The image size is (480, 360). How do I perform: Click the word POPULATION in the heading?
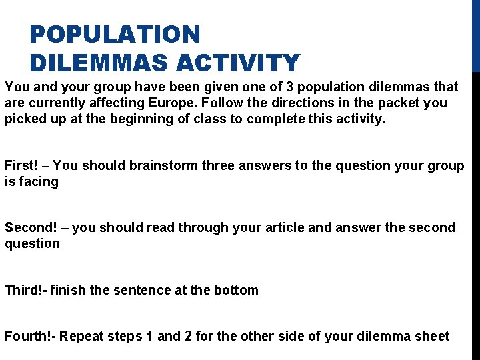[x=115, y=34]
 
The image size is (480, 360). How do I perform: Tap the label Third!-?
[x=25, y=290]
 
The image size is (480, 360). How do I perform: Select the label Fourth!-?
[x=30, y=336]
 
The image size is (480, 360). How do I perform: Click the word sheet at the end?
[x=433, y=336]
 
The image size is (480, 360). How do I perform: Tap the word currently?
[x=57, y=103]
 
